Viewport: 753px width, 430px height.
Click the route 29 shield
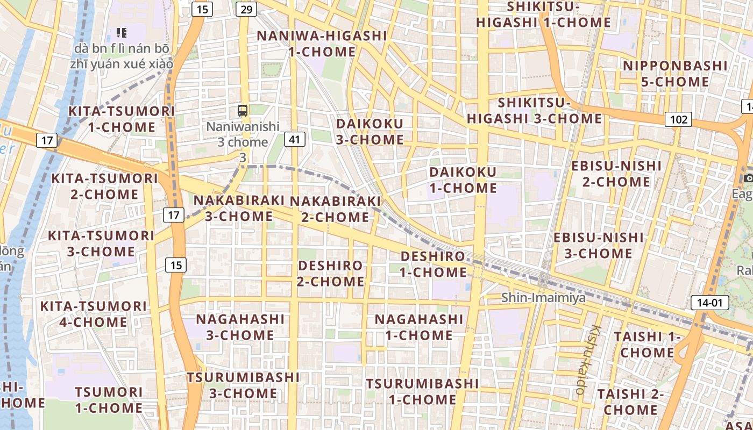click(246, 9)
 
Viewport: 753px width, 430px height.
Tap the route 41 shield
click(294, 140)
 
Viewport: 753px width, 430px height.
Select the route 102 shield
click(678, 119)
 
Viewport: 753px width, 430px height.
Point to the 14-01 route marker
click(709, 303)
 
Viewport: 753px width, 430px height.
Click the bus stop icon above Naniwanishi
click(243, 111)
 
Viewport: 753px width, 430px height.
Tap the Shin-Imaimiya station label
click(543, 297)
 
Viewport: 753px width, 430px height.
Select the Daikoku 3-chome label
click(370, 132)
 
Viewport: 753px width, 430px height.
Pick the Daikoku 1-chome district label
click(463, 180)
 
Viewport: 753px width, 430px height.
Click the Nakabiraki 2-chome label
click(335, 209)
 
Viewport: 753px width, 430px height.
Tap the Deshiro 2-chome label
click(331, 273)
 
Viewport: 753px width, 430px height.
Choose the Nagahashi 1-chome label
click(419, 327)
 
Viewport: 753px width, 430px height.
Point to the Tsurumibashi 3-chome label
click(243, 385)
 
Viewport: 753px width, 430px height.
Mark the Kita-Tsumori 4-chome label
click(94, 314)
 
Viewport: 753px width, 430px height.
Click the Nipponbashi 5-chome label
click(675, 74)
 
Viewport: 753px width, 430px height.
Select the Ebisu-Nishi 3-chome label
click(599, 245)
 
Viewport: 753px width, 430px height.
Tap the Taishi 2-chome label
click(630, 402)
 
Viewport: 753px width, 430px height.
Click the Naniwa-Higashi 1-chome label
click(322, 44)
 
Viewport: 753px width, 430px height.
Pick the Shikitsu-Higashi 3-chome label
click(534, 110)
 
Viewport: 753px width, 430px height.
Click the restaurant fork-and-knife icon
click(121, 33)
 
